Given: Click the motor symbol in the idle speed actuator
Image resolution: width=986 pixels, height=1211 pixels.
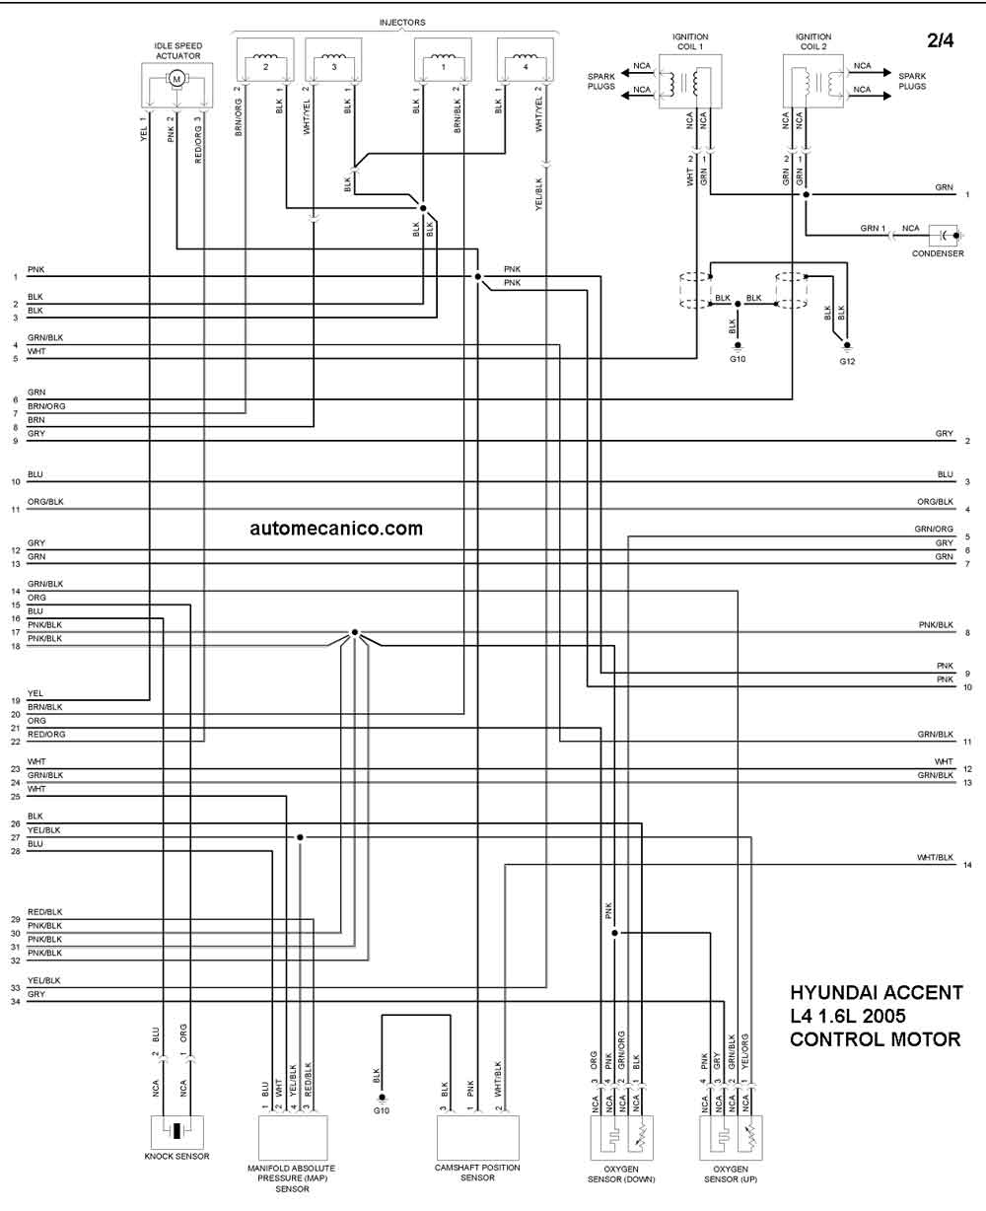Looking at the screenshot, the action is click(176, 79).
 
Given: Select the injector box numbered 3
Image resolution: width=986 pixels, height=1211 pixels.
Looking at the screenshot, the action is click(333, 60).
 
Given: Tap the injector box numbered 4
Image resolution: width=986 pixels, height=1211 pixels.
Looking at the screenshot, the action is click(526, 60).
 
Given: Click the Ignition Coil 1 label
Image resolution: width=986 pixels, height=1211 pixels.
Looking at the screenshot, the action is click(690, 41).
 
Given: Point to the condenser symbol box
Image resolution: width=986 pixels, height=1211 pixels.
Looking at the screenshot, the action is click(943, 235).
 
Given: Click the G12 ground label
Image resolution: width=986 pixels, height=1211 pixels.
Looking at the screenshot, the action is click(847, 361).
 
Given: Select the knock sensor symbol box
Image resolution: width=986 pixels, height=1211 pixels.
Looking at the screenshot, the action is click(177, 1131).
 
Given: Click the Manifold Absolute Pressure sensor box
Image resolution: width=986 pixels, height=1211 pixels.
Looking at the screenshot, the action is click(293, 1137).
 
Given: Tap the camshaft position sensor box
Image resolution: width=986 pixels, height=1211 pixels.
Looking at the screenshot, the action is click(477, 1137).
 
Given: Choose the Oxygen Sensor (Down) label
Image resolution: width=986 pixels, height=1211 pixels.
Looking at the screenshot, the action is click(621, 1175).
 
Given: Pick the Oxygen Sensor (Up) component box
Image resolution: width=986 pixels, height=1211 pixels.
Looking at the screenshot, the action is click(731, 1137).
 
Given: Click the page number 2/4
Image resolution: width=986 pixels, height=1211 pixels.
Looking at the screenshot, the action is click(941, 40).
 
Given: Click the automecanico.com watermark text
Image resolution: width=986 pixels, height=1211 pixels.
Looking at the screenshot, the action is click(336, 529).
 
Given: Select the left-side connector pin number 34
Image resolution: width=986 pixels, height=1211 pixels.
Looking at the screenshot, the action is click(16, 1001).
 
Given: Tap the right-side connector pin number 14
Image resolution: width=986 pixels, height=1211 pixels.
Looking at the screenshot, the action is click(967, 865).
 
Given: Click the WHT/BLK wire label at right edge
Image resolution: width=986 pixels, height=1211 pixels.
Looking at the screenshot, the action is click(935, 857).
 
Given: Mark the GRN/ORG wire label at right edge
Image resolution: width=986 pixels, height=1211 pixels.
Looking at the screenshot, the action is click(934, 529).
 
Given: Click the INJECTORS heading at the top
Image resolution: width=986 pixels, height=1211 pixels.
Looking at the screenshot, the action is click(402, 22).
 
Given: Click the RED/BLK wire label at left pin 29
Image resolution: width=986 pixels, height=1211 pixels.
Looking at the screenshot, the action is click(45, 912).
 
